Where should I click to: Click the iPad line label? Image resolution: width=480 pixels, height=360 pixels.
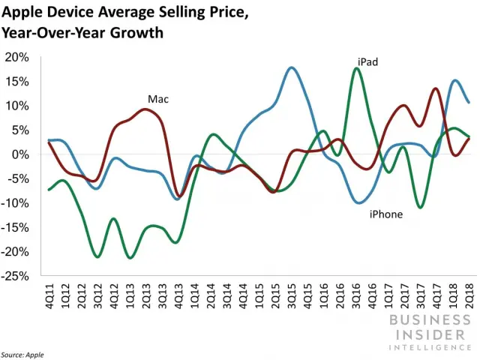pyautogui.click(x=367, y=62)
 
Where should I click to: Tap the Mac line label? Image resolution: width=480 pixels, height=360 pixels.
pyautogui.click(x=157, y=98)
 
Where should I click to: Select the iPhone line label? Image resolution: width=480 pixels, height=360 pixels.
pyautogui.click(x=386, y=214)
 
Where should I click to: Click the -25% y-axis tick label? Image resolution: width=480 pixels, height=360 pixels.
pyautogui.click(x=16, y=276)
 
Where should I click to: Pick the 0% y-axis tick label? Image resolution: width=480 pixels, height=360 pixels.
pyautogui.click(x=20, y=154)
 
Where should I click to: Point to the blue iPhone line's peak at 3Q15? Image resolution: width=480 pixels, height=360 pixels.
pyautogui.click(x=292, y=67)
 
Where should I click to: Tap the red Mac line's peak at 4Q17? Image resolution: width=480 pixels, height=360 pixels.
pyautogui.click(x=436, y=88)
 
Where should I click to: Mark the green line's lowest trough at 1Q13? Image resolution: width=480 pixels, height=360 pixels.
pyautogui.click(x=130, y=258)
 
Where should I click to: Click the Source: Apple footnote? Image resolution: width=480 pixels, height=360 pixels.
pyautogui.click(x=23, y=353)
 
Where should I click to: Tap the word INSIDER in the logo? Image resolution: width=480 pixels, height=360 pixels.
pyautogui.click(x=429, y=334)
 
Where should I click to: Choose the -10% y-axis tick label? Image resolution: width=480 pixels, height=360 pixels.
pyautogui.click(x=16, y=203)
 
